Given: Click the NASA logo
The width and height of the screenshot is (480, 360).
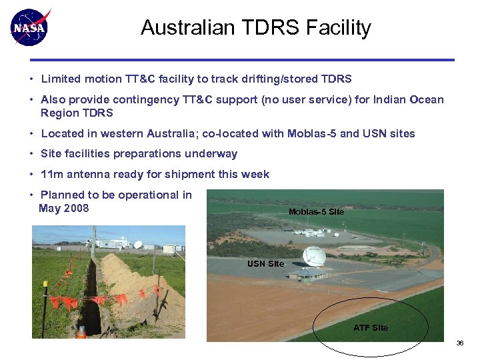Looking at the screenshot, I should pyautogui.click(x=30, y=27).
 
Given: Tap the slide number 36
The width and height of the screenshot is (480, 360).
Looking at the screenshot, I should pyautogui.click(x=459, y=343).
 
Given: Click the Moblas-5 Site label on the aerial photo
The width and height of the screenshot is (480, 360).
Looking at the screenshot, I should pyautogui.click(x=316, y=211).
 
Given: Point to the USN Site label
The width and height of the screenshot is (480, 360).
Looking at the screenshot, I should pyautogui.click(x=265, y=264).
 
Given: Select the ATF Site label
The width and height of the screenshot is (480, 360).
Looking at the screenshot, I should pyautogui.click(x=370, y=327).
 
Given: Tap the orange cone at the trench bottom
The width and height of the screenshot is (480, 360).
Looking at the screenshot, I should pyautogui.click(x=81, y=331).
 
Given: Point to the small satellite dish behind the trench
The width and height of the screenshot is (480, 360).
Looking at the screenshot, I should pyautogui.click(x=138, y=244).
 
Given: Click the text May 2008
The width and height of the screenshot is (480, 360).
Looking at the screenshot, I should pyautogui.click(x=64, y=209).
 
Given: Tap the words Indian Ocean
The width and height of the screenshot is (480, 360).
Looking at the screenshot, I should pyautogui.click(x=407, y=99).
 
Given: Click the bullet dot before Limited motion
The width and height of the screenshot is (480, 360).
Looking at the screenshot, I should pyautogui.click(x=31, y=79).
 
